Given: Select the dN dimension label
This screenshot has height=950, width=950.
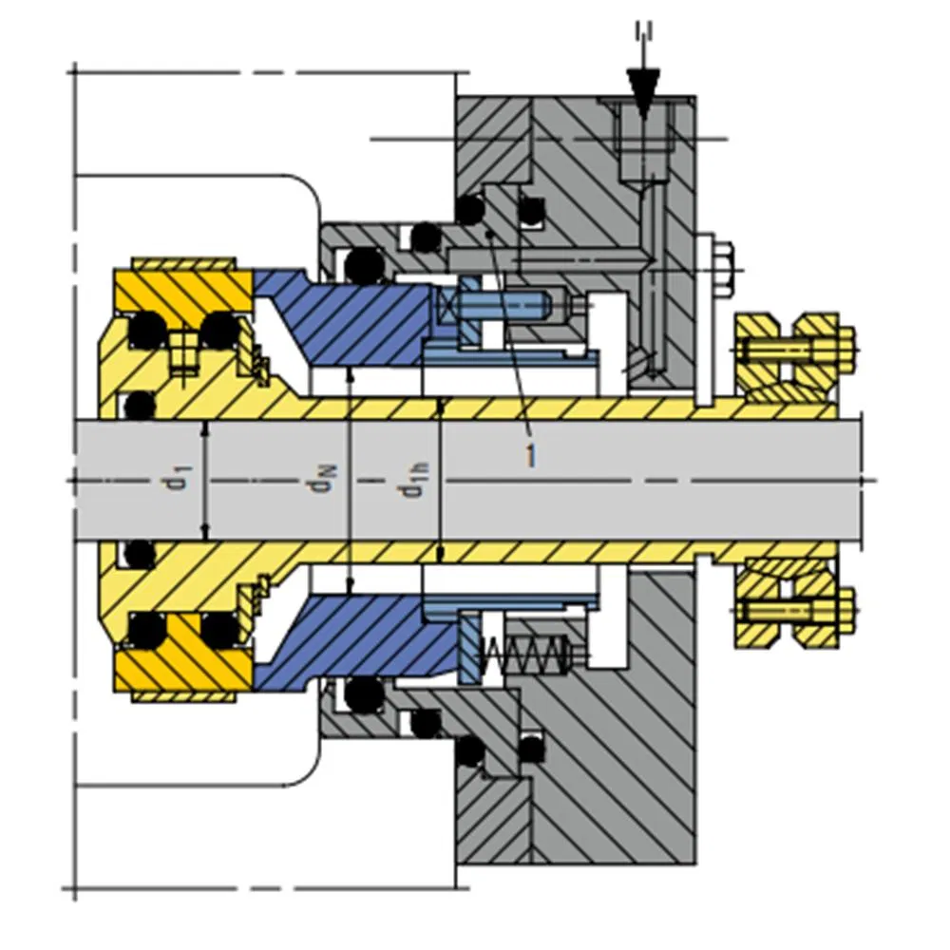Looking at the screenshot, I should tap(324, 482).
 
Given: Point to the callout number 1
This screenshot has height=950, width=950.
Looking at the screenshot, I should tap(530, 455).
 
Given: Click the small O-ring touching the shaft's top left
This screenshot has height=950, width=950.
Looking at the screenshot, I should tap(140, 407).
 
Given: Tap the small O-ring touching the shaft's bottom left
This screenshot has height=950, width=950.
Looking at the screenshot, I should tap(140, 553).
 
